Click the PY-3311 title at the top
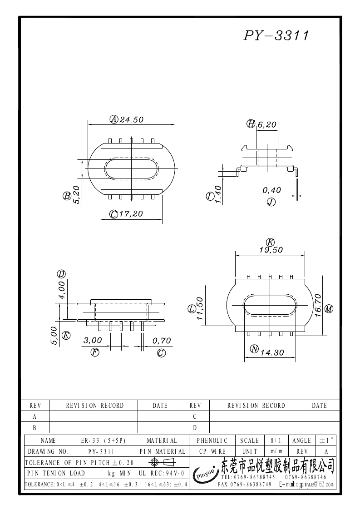click(276, 36)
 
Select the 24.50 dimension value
click(132, 119)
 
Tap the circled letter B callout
click(67, 196)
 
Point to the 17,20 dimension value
click(131, 214)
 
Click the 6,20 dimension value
click(267, 124)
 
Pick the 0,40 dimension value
click(271, 190)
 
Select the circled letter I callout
click(210, 196)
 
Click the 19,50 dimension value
click(271, 249)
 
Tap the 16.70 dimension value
click(318, 305)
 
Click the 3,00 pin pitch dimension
click(93, 341)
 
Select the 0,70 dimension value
click(161, 341)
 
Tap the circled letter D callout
click(61, 274)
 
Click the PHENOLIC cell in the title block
click(212, 441)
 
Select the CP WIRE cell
click(212, 451)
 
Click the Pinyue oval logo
click(206, 475)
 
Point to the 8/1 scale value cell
click(275, 441)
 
